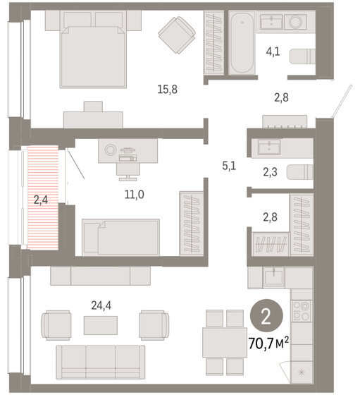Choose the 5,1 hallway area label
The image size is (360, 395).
click(228, 167)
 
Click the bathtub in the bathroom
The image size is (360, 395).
click(244, 44)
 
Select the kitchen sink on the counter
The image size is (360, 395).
click(273, 277)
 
